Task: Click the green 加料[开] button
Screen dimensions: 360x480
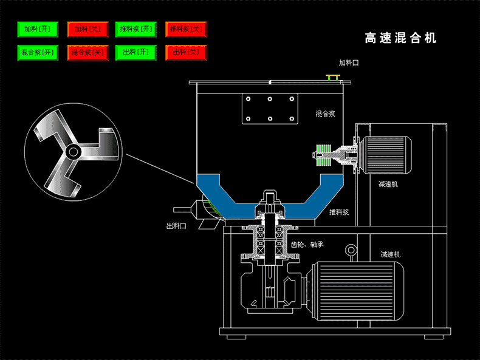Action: pos(37,29)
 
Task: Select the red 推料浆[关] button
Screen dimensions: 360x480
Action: pos(187,29)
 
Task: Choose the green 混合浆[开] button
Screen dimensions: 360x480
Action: pos(37,52)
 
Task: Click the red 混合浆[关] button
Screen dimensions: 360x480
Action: pos(87,52)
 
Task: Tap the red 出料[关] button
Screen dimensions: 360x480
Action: pos(187,52)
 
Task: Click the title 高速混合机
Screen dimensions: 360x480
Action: pos(400,38)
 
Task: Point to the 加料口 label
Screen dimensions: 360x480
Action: pos(349,63)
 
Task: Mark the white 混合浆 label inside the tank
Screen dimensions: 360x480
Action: pos(326,113)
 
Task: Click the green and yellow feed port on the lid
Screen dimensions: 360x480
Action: pos(332,77)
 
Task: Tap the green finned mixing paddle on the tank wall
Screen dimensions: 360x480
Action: pos(326,155)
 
